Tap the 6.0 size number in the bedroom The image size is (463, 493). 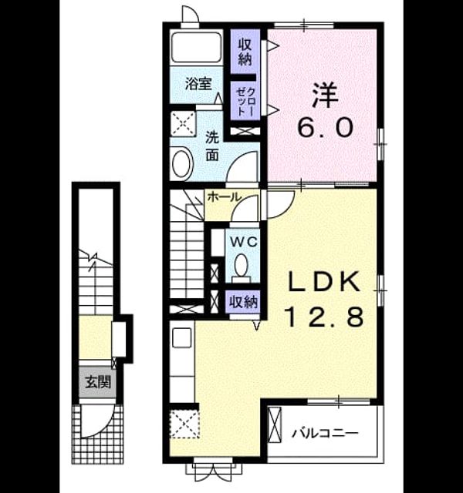[x=325, y=127]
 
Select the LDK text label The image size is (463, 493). [x=324, y=281]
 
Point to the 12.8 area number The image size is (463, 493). [x=324, y=316]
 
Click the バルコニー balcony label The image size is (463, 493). [x=325, y=434]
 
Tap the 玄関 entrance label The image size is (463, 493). [x=98, y=383]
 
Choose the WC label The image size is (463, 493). [x=244, y=242]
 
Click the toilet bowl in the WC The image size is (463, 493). [x=242, y=266]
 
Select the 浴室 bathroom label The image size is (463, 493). [x=198, y=84]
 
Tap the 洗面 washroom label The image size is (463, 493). [x=212, y=146]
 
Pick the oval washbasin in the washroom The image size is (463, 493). [x=181, y=164]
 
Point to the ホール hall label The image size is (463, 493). [x=225, y=197]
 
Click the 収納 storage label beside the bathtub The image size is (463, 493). [x=245, y=51]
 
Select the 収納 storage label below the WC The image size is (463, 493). [x=243, y=302]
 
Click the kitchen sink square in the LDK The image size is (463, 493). [x=182, y=337]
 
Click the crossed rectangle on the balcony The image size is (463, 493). [x=275, y=425]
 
